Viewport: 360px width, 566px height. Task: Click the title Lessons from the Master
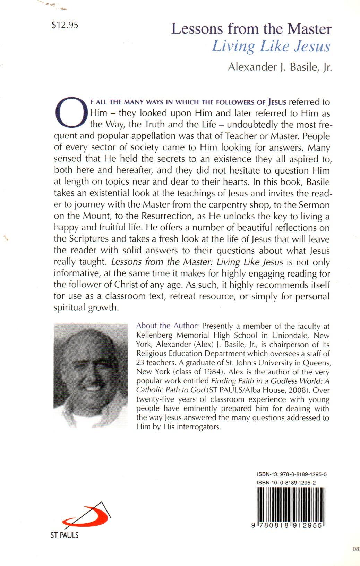(251, 29)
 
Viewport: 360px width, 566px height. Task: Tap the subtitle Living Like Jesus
(271, 47)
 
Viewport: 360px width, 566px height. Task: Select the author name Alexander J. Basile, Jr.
(280, 67)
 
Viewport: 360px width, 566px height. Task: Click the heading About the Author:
(168, 326)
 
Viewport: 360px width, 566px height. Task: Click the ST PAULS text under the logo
(65, 535)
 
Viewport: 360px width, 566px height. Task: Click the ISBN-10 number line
(286, 482)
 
